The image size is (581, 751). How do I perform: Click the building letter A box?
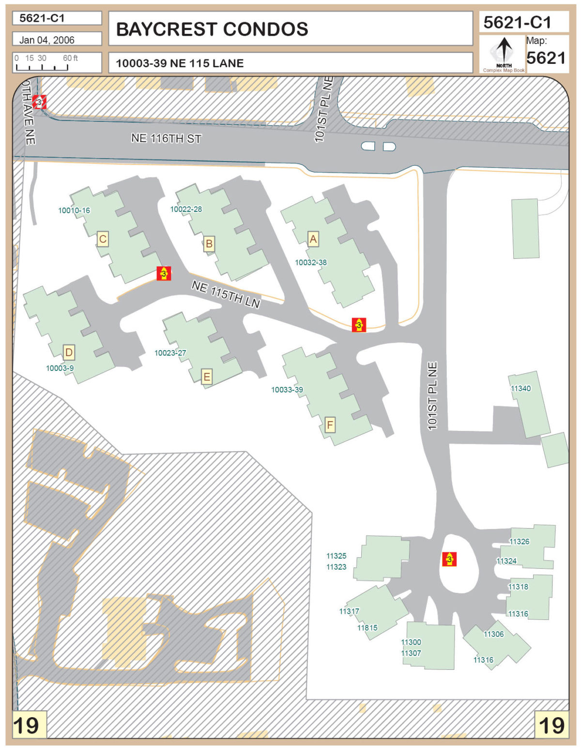click(x=313, y=238)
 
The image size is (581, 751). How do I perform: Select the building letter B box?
click(x=209, y=244)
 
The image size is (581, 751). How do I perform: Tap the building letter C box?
click(x=102, y=239)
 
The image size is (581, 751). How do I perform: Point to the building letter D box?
click(x=69, y=353)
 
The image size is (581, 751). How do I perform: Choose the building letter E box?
click(x=207, y=377)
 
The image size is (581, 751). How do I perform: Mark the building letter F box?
click(x=330, y=425)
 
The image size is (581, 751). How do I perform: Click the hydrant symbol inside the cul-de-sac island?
click(x=449, y=559)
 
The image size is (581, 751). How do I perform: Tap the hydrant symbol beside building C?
click(x=164, y=273)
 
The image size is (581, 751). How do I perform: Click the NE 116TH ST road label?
click(x=166, y=138)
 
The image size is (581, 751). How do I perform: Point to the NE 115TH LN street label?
click(x=226, y=294)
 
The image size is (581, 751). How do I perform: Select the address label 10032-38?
click(x=311, y=262)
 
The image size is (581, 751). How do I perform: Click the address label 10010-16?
click(x=74, y=210)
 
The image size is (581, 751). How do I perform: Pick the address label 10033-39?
click(x=287, y=389)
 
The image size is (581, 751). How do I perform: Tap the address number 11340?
click(x=520, y=388)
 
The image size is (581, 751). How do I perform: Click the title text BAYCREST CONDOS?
click(x=212, y=29)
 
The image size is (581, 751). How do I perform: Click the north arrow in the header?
click(x=504, y=50)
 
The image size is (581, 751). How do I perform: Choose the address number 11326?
click(x=519, y=541)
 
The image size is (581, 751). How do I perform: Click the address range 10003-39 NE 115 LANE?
click(x=180, y=63)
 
